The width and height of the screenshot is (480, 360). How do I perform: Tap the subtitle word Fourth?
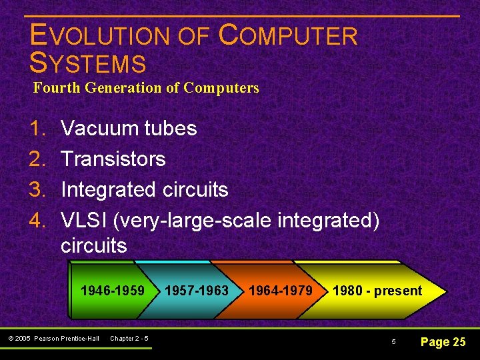[56, 88]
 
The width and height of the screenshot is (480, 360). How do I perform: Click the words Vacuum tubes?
[129, 128]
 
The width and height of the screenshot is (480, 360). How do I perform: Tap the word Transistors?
[113, 159]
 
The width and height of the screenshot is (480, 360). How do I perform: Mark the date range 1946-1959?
[112, 291]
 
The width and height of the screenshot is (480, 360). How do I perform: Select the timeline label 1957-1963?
[196, 291]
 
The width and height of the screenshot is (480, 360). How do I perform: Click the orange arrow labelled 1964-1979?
[281, 291]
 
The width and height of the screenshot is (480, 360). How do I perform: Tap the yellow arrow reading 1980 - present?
[377, 291]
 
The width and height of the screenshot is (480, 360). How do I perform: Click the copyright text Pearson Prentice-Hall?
[66, 339]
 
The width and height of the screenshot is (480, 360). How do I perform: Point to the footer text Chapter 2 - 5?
[129, 339]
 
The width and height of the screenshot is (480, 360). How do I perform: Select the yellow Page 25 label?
[443, 342]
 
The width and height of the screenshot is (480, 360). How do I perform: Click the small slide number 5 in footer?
[393, 342]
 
